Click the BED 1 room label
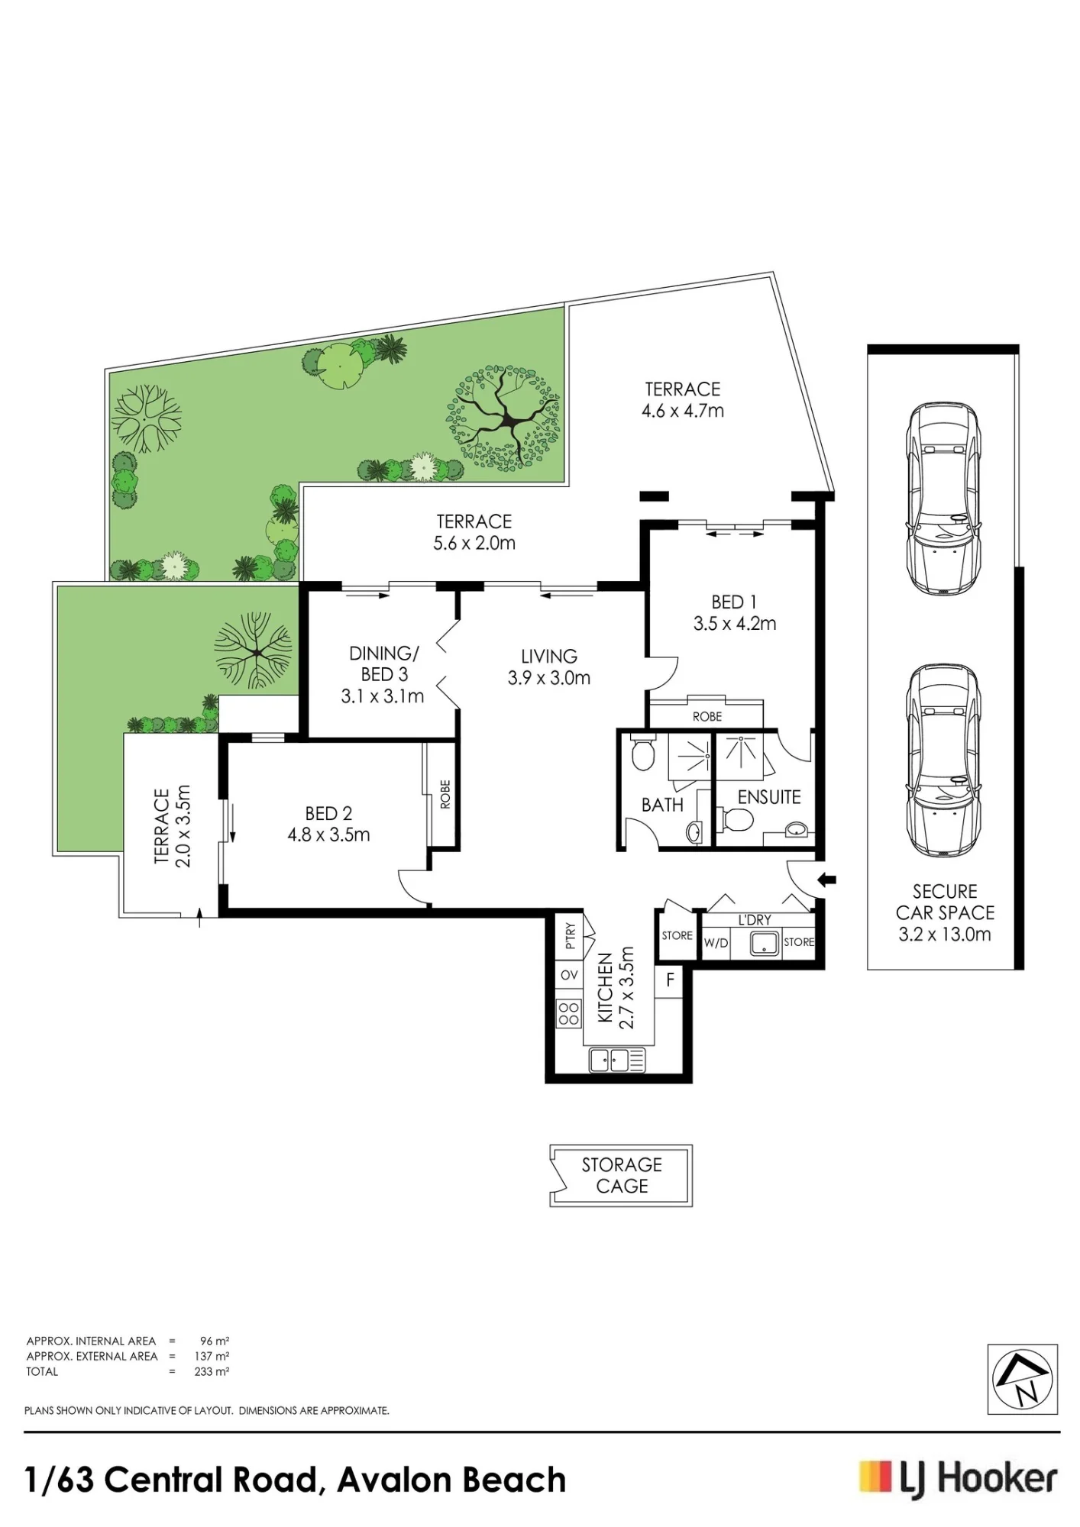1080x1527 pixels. click(734, 602)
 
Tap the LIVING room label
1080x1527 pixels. click(549, 656)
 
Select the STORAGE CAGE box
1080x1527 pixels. click(621, 1175)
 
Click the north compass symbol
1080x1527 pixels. click(1023, 1379)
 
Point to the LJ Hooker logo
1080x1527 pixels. click(959, 1480)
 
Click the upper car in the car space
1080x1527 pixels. click(943, 497)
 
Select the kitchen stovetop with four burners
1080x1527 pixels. click(569, 1013)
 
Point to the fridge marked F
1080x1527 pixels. click(670, 980)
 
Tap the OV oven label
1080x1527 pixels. click(569, 975)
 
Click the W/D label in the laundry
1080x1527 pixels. click(716, 943)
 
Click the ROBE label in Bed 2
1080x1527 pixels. click(445, 794)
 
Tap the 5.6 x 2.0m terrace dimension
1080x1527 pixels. click(474, 543)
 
